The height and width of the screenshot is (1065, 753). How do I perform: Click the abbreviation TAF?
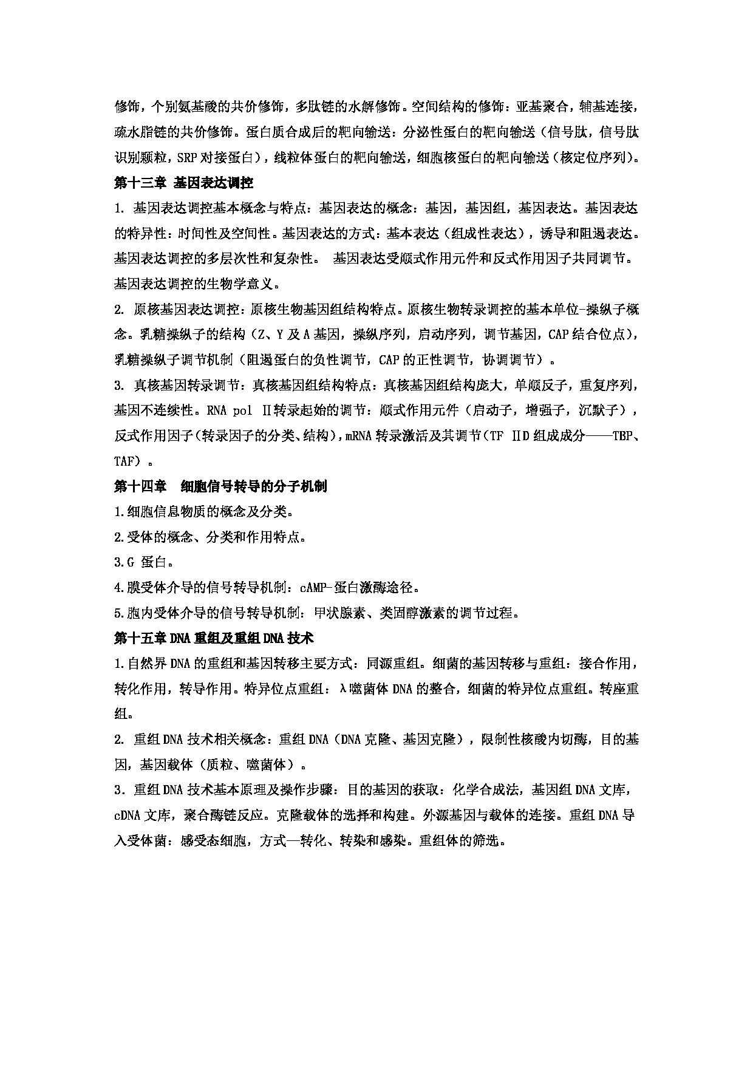126,461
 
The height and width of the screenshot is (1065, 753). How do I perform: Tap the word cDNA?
127,815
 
